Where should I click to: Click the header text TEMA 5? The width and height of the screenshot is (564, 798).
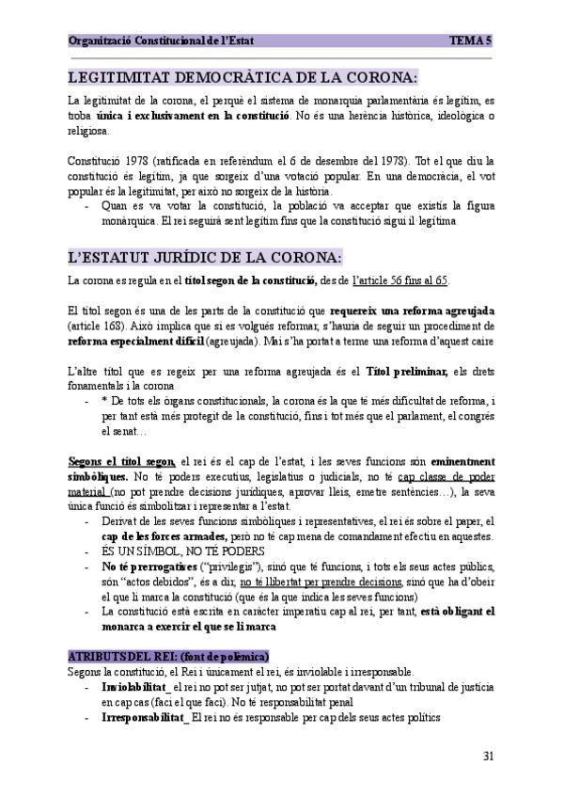point(471,40)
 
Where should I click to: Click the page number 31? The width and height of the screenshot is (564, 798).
point(488,756)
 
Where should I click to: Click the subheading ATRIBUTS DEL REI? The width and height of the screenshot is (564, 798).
point(169,654)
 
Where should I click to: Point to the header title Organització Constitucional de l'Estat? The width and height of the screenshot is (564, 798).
point(161,40)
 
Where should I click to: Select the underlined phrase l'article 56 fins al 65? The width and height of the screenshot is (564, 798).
point(399,279)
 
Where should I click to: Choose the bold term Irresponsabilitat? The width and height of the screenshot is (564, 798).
point(145,717)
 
